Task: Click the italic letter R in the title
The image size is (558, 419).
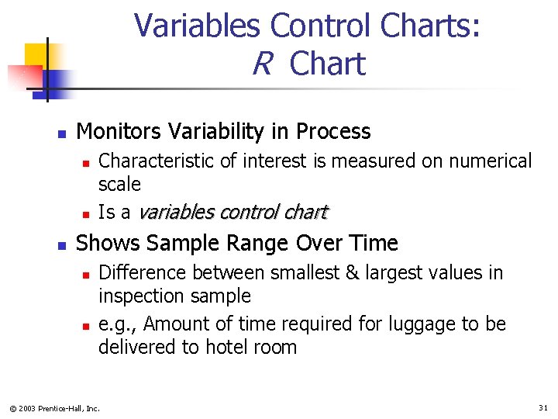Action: [261, 64]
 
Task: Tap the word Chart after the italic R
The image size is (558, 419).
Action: [327, 64]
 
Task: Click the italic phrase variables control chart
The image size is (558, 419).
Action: [233, 213]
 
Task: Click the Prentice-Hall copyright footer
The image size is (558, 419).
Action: [54, 408]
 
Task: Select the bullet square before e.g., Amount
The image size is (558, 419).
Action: [88, 325]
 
